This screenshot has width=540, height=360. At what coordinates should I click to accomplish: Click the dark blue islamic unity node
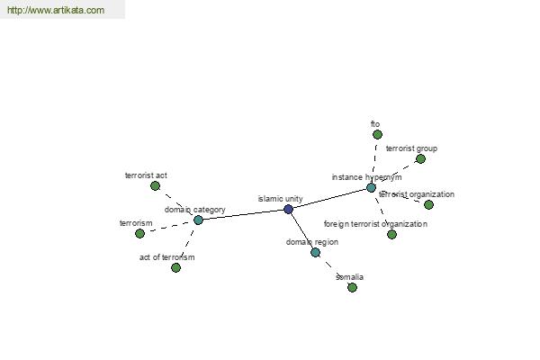coord(289,209)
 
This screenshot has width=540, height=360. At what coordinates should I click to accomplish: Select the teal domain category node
coord(198,220)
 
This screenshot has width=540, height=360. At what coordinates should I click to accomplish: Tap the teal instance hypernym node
coord(371,188)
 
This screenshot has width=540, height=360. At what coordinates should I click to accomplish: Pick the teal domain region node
coord(316,253)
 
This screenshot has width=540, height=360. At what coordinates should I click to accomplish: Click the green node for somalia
coord(352,287)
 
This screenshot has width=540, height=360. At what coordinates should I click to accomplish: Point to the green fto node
coord(377,134)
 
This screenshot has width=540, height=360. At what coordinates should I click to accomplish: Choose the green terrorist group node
coord(420,158)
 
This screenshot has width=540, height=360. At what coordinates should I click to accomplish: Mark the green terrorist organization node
coord(428,204)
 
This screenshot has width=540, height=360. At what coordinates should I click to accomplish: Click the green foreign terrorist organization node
coord(391,235)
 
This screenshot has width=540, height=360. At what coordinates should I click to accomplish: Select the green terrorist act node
coord(156,186)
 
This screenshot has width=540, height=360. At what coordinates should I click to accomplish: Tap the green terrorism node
coord(139,234)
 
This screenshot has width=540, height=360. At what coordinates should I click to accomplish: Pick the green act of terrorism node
coord(176,267)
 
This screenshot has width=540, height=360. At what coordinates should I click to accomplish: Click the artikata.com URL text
coord(56,10)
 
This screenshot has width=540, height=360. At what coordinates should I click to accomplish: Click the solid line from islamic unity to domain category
coord(244,214)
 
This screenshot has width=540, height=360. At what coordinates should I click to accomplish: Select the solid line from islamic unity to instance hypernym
coord(330,198)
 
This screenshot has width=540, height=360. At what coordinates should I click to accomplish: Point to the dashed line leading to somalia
coord(334,270)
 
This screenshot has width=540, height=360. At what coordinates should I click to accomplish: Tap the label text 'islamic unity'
coord(280,199)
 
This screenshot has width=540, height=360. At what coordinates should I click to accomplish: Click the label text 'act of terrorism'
coord(167,257)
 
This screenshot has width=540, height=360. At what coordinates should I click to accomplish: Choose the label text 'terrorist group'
coord(411,148)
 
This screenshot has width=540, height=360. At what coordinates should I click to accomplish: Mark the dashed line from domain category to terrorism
coord(169,227)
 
